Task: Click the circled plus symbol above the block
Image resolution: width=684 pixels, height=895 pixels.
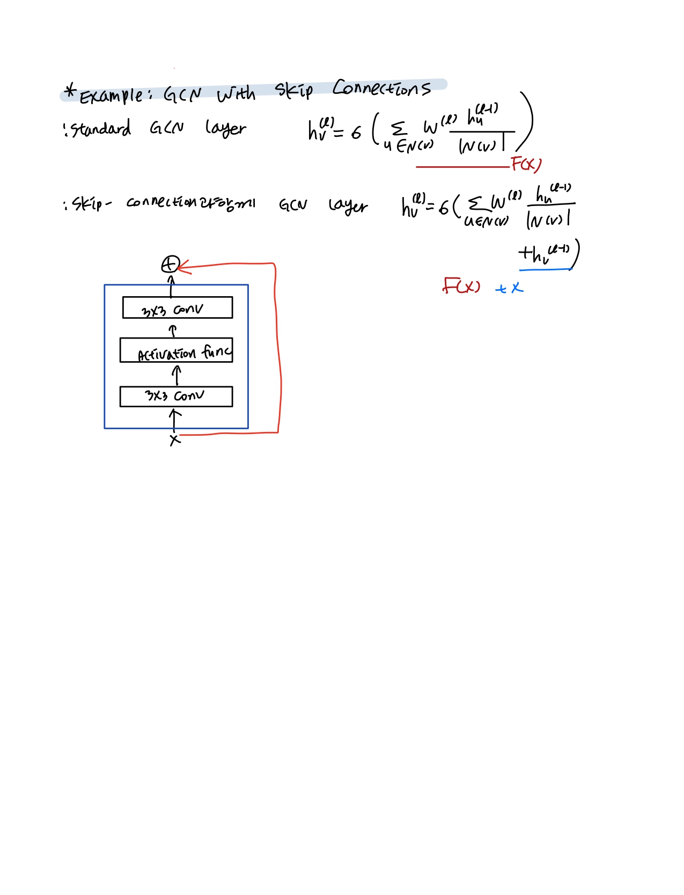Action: click(170, 265)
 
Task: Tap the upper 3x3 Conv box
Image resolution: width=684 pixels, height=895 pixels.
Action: click(177, 308)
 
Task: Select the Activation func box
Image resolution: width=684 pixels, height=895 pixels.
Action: click(176, 350)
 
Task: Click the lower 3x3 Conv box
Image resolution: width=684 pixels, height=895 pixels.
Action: click(176, 397)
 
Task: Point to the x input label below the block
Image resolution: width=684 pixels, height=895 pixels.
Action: click(175, 440)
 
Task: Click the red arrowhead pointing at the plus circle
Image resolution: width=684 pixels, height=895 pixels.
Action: click(182, 266)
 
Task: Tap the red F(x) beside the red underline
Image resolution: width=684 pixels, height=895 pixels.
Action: click(526, 164)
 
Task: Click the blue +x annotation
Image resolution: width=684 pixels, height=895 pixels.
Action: click(509, 288)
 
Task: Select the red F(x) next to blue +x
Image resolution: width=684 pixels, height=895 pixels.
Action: click(461, 286)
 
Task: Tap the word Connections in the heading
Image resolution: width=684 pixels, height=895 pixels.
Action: click(381, 88)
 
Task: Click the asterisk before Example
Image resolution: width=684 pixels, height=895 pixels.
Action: click(70, 91)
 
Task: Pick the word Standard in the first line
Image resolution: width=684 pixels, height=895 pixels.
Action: click(101, 129)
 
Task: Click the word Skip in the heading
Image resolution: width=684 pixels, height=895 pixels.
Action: click(293, 91)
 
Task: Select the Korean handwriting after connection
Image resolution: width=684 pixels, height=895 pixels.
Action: click(226, 203)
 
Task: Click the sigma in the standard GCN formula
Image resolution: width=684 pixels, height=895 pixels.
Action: click(398, 128)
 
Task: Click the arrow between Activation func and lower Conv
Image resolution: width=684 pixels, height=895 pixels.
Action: click(176, 375)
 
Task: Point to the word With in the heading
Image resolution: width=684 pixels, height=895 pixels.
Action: click(236, 94)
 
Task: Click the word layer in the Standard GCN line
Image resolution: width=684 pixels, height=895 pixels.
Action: click(225, 129)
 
